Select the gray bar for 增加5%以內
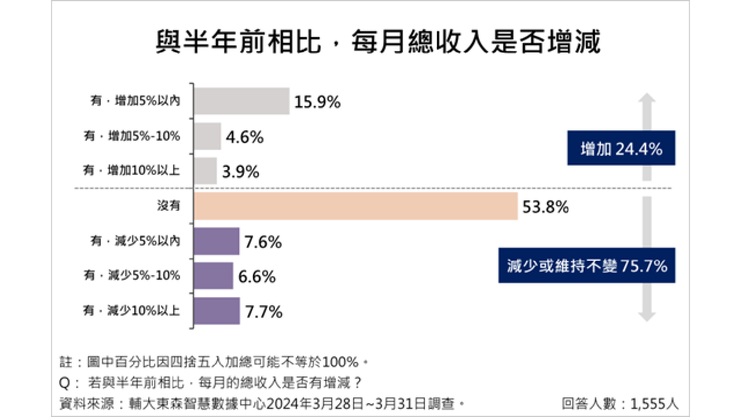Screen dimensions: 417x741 pyautogui.click(x=241, y=101)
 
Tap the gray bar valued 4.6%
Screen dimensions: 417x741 pyautogui.click(x=207, y=137)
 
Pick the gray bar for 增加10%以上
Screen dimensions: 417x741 pyautogui.click(x=205, y=171)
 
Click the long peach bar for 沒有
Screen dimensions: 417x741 pyautogui.click(x=355, y=207)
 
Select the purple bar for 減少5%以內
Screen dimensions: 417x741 pyautogui.click(x=217, y=242)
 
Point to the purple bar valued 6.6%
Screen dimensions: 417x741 pyautogui.click(x=214, y=276)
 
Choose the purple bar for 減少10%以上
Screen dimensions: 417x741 pyautogui.click(x=217, y=312)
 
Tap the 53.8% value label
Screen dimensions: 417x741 pyautogui.click(x=545, y=207)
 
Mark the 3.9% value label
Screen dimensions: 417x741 pyautogui.click(x=243, y=172)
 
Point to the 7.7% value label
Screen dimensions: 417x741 pyautogui.click(x=263, y=312)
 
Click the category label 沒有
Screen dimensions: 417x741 pyautogui.click(x=168, y=206)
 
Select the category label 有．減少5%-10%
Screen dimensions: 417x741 pyautogui.click(x=132, y=276)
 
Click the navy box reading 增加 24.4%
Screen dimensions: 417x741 pyautogui.click(x=621, y=149)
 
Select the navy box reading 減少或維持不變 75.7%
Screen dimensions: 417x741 pyautogui.click(x=587, y=266)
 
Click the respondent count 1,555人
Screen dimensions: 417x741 pyautogui.click(x=621, y=403)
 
